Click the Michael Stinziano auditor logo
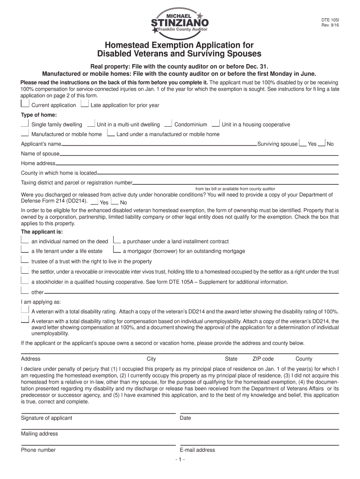click(x=180, y=22)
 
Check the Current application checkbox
click(x=25, y=104)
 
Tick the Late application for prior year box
click(x=85, y=104)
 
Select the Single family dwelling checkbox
click(x=25, y=123)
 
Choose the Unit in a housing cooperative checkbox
click(x=216, y=123)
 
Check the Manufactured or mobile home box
click(x=25, y=133)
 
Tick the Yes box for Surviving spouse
click(x=303, y=144)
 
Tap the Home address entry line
click(x=196, y=164)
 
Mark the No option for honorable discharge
click(x=115, y=202)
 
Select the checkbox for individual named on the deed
click(x=25, y=240)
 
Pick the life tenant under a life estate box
click(x=25, y=250)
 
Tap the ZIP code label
click(x=263, y=359)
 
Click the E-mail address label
click(x=197, y=450)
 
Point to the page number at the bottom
click(x=180, y=459)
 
